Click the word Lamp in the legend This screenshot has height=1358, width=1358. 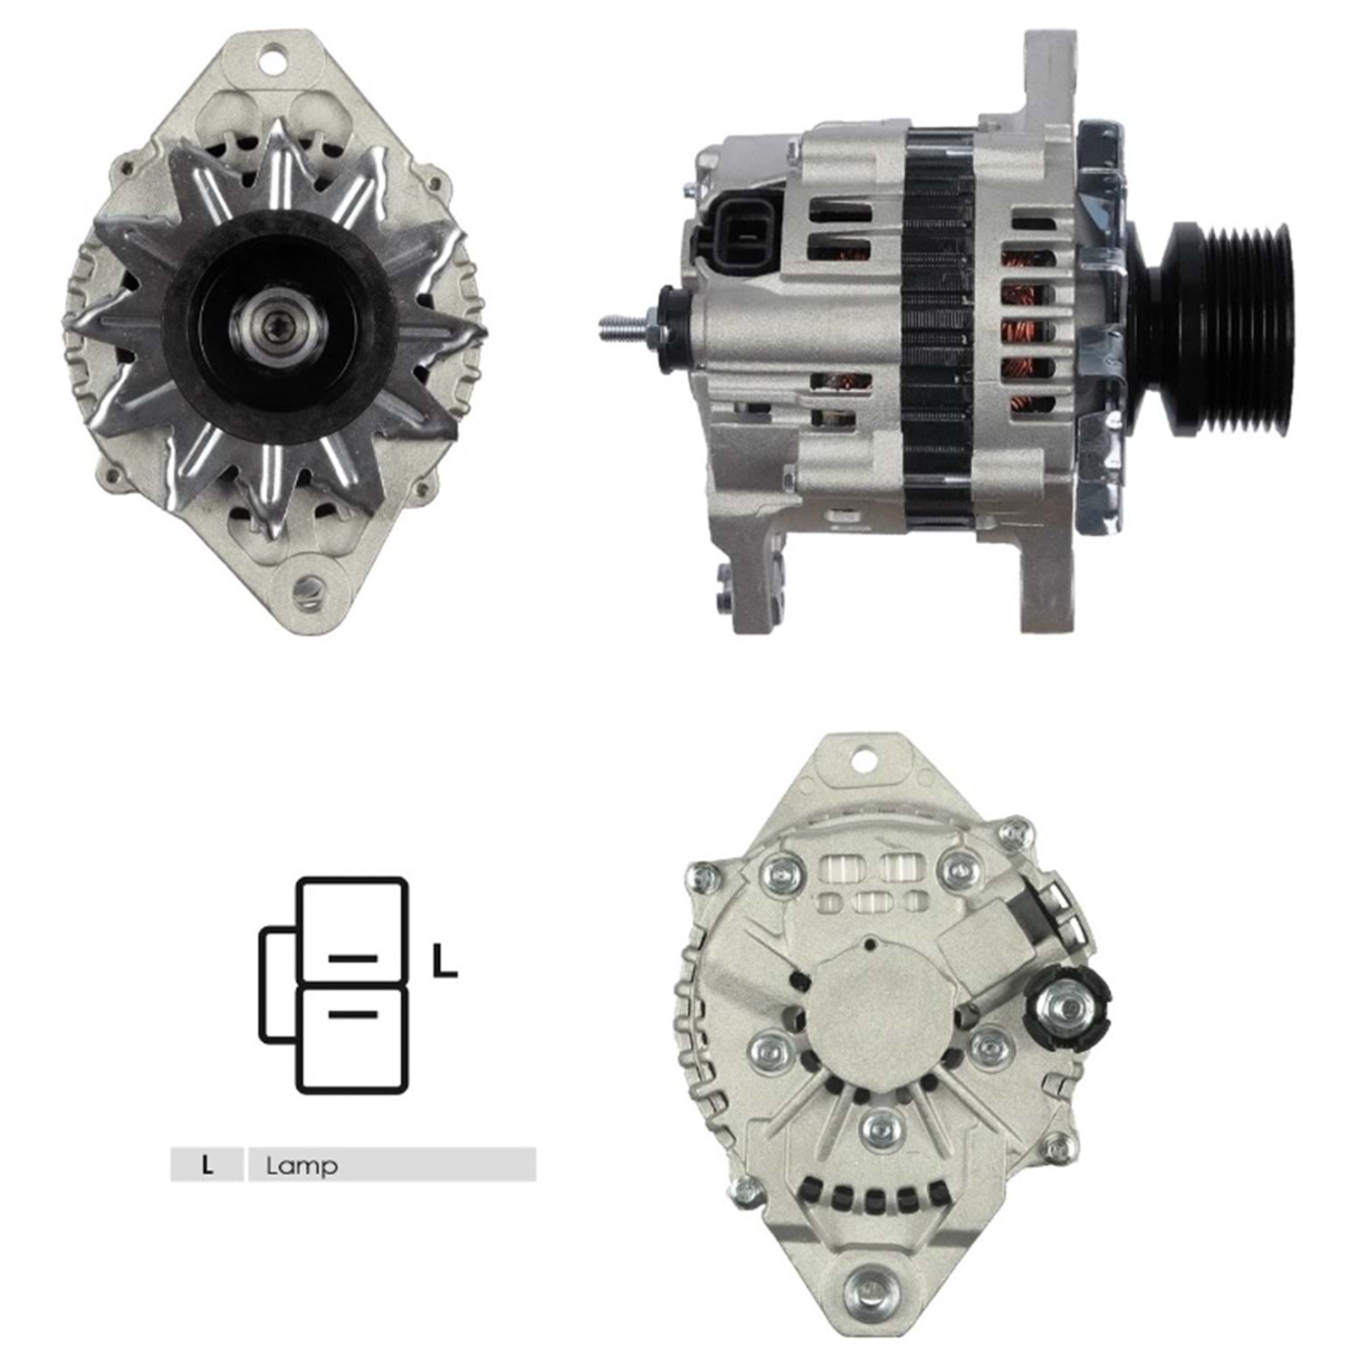pyautogui.click(x=301, y=1165)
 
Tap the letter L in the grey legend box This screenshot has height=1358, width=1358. pyautogui.click(x=207, y=1165)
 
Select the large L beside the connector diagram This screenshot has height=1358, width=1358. pyautogui.click(x=444, y=961)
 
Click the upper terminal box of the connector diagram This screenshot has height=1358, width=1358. pyautogui.click(x=352, y=931)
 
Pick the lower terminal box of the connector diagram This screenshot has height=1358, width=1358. pyautogui.click(x=352, y=1038)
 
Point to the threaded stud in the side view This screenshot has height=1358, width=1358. pyautogui.click(x=625, y=327)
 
